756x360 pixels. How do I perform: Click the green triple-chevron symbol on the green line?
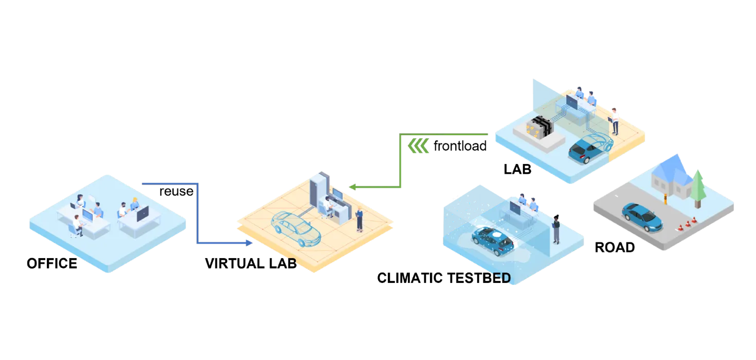tap(418, 147)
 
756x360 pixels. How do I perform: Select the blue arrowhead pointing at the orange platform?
tap(250, 243)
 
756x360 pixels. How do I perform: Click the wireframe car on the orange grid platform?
tap(296, 228)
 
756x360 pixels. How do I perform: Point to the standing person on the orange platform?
tap(359, 218)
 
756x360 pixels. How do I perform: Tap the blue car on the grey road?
tap(641, 217)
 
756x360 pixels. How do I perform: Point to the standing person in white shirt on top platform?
tap(614, 121)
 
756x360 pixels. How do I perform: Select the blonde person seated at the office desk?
tap(135, 204)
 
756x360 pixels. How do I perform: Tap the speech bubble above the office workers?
tap(91, 198)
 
